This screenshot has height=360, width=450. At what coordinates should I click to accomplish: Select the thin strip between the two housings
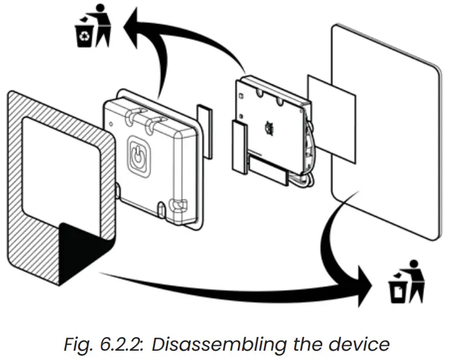point(204,129)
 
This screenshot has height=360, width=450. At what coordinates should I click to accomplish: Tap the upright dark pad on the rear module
point(239,146)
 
